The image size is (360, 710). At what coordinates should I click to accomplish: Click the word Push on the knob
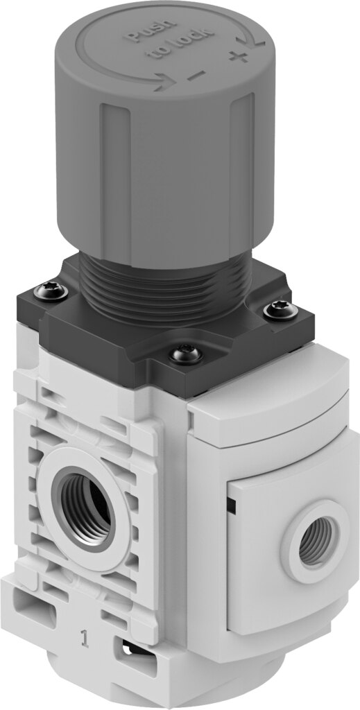click(142, 37)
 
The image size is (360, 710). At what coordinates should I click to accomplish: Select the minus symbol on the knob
click(196, 74)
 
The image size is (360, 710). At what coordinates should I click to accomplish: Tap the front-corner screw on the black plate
click(187, 354)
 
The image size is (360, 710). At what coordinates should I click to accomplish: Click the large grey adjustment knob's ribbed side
click(173, 180)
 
